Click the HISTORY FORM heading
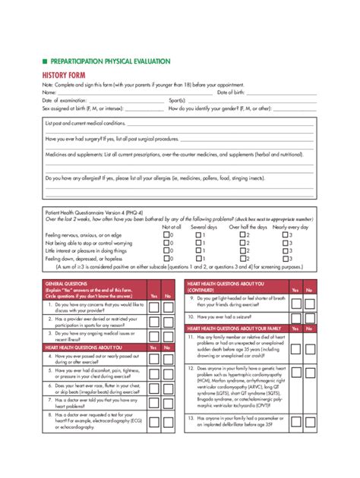coord(65,76)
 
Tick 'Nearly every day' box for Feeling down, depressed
coord(286,258)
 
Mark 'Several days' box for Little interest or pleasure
coord(199,250)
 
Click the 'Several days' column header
coord(204,227)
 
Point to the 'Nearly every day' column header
coord(291,227)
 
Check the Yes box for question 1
coord(154,307)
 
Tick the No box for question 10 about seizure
coord(308,316)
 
